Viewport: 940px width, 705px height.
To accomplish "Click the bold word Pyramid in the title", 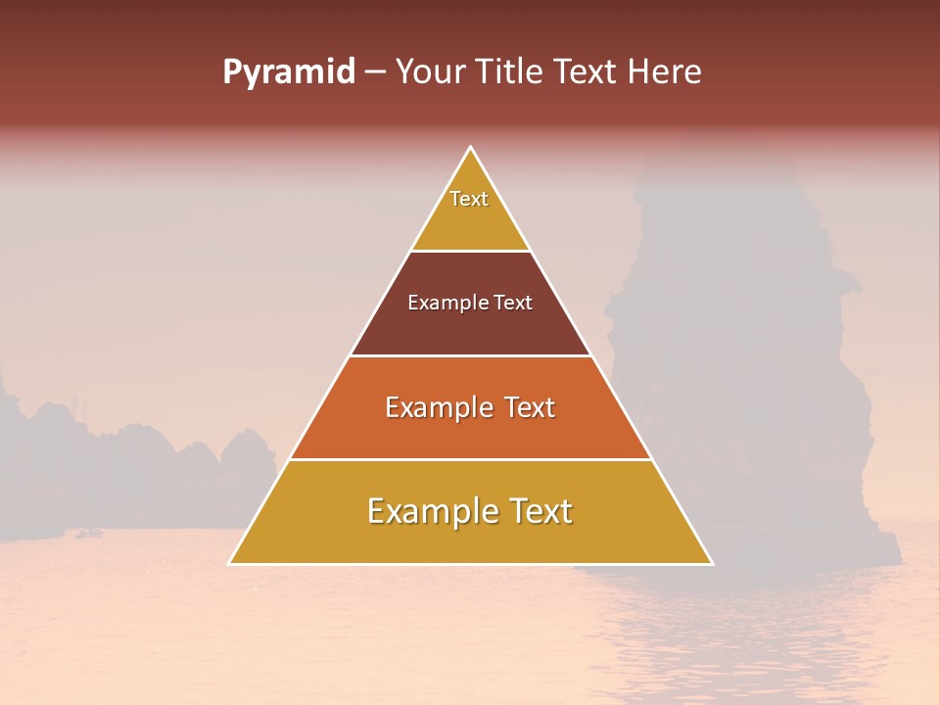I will click(289, 72).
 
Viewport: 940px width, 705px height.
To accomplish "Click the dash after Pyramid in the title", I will click(375, 72).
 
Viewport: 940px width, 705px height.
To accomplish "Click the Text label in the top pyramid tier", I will click(469, 199).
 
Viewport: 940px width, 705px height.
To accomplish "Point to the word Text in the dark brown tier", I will click(513, 303).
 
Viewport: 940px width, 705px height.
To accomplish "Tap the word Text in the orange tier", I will click(530, 407).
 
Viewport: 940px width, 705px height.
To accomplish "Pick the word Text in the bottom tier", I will click(540, 511).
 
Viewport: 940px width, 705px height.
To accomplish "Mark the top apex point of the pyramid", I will click(471, 147).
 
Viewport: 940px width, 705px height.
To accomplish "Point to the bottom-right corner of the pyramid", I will click(712, 563).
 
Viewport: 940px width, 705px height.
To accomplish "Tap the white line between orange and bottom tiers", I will click(470, 459).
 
